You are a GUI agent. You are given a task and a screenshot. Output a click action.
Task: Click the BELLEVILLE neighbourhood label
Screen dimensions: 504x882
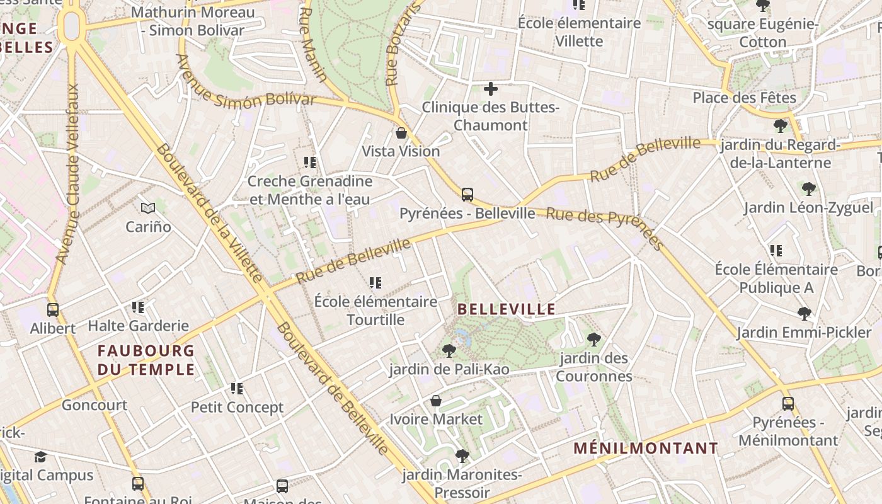pos(507,309)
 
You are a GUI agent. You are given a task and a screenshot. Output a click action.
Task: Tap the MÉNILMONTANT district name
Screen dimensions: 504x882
pos(646,449)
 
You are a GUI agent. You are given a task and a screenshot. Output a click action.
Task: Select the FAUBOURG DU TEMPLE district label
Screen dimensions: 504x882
pos(146,360)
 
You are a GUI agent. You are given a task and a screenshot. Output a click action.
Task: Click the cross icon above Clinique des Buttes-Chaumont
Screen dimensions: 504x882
pos(491,89)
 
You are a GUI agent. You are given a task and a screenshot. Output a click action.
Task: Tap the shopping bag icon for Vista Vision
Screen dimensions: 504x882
pos(401,133)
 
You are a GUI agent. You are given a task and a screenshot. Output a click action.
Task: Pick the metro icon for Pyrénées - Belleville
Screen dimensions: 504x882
pos(467,195)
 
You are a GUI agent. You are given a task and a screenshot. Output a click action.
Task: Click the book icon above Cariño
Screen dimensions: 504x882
pos(148,208)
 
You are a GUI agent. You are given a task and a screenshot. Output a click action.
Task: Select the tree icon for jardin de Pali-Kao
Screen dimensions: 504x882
pos(449,350)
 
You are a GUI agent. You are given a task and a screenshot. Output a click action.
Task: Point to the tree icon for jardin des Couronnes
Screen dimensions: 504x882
pos(593,340)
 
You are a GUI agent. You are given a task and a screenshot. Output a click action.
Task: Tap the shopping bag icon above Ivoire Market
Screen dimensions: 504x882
pos(435,401)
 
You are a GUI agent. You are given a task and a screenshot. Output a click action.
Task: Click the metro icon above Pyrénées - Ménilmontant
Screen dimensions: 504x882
pos(788,403)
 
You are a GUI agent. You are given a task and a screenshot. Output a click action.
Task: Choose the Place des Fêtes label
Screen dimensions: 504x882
pos(744,98)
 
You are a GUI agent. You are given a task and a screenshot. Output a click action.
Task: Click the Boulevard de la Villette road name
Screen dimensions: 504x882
pos(209,213)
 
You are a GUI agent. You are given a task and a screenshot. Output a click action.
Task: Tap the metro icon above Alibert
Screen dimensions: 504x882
pos(53,310)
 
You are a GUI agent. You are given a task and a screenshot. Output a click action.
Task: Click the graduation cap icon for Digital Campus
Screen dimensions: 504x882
pos(40,457)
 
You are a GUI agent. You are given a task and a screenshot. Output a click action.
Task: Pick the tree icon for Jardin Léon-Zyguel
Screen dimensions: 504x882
pos(808,188)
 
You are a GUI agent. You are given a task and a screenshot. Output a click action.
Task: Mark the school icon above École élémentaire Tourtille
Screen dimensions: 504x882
pos(375,283)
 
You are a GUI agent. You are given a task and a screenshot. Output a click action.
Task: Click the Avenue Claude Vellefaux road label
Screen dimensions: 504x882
pos(67,173)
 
